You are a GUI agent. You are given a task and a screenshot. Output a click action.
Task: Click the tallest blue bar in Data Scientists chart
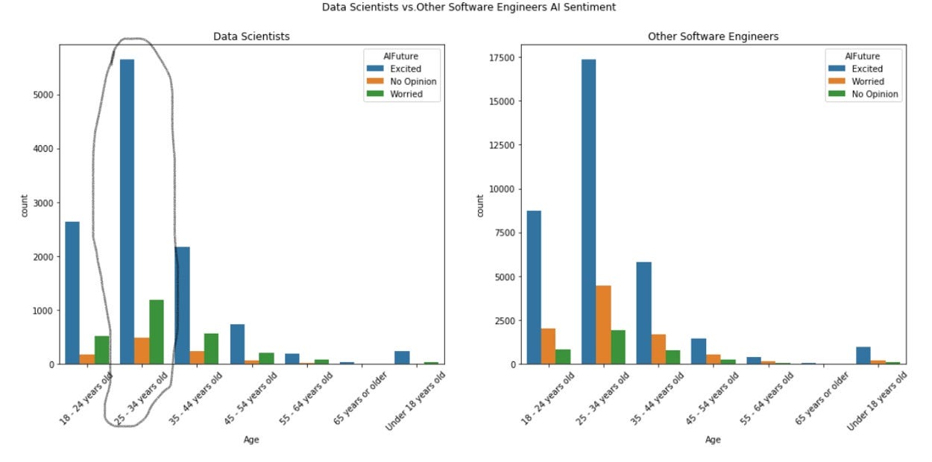127,212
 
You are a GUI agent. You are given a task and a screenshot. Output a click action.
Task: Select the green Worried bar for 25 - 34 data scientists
156,332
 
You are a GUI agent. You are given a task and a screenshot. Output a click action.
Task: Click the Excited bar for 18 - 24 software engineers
534,288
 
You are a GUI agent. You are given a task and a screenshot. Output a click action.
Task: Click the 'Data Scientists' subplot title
251,36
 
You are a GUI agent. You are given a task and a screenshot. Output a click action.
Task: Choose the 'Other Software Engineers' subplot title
713,36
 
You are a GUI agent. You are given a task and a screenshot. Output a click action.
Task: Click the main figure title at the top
469,7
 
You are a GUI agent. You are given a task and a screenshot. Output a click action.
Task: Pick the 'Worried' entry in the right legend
868,82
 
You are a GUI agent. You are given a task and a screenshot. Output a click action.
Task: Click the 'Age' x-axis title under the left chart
251,440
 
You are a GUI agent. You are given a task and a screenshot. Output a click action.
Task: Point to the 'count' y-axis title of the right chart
480,206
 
